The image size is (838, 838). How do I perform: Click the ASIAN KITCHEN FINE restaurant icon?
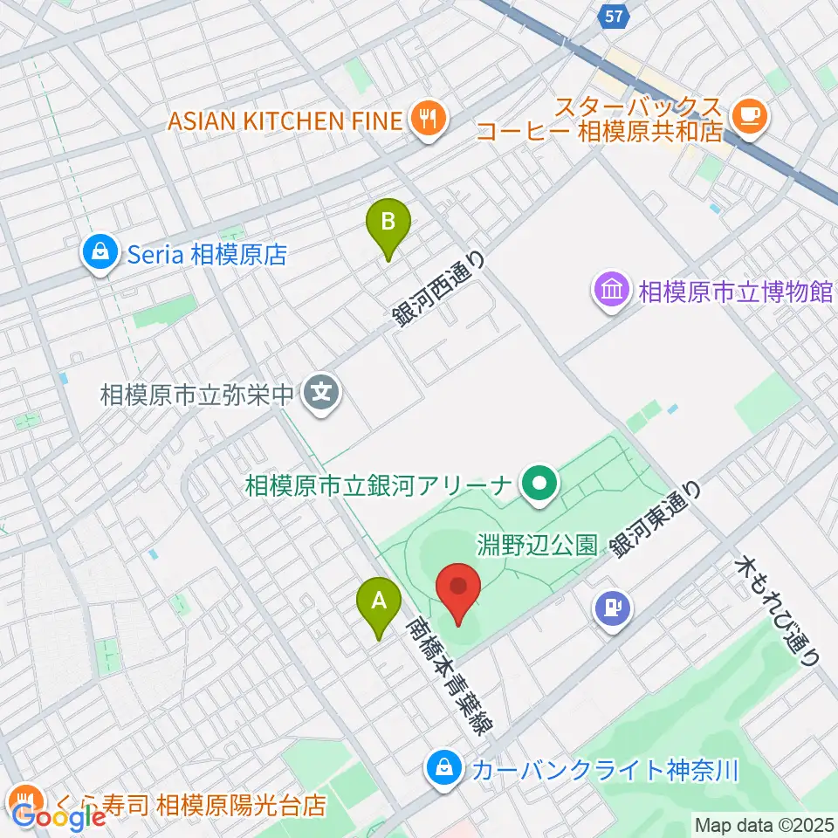point(428,120)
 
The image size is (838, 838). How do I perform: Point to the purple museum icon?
point(612,290)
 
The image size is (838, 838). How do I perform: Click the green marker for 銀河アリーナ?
point(540,485)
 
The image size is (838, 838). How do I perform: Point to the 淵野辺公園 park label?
point(537,546)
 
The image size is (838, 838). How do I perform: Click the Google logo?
point(59,818)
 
